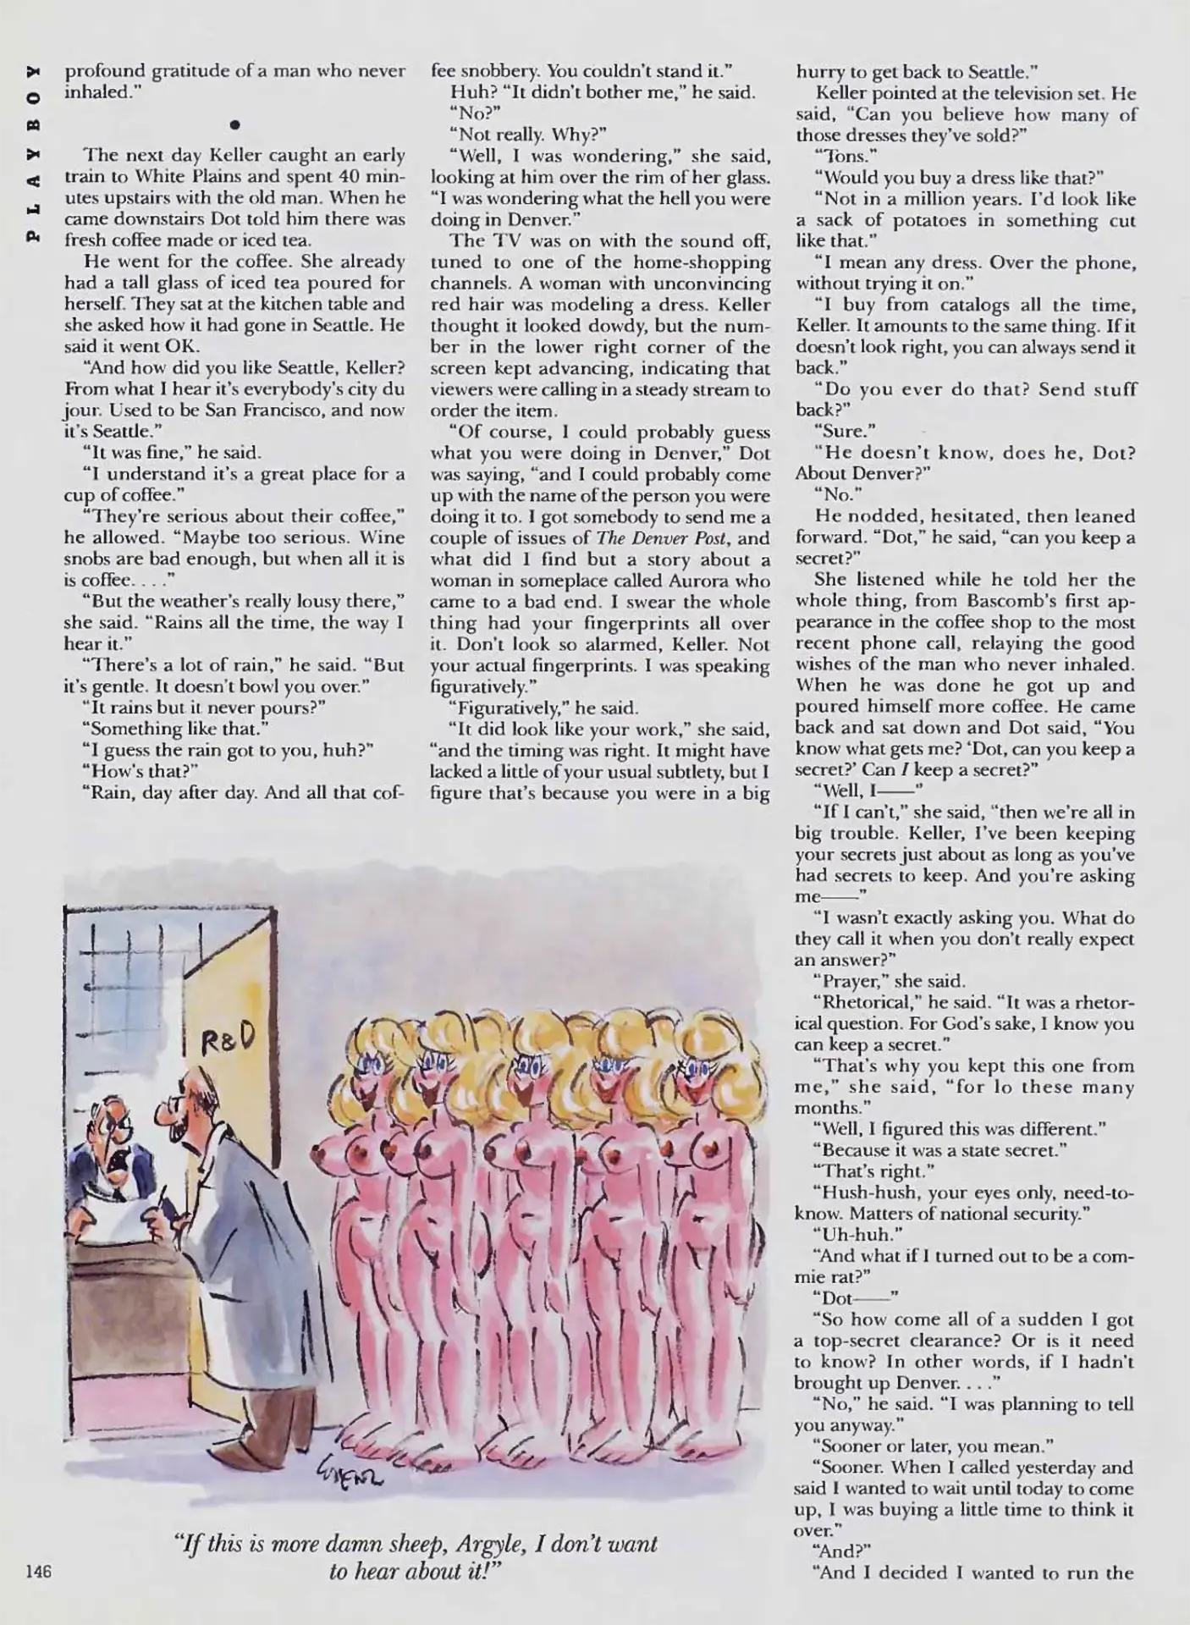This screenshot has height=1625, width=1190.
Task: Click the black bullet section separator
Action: point(234,125)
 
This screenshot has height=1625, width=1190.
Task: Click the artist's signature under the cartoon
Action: point(348,1501)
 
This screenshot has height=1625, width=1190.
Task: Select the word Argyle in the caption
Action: point(477,1545)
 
